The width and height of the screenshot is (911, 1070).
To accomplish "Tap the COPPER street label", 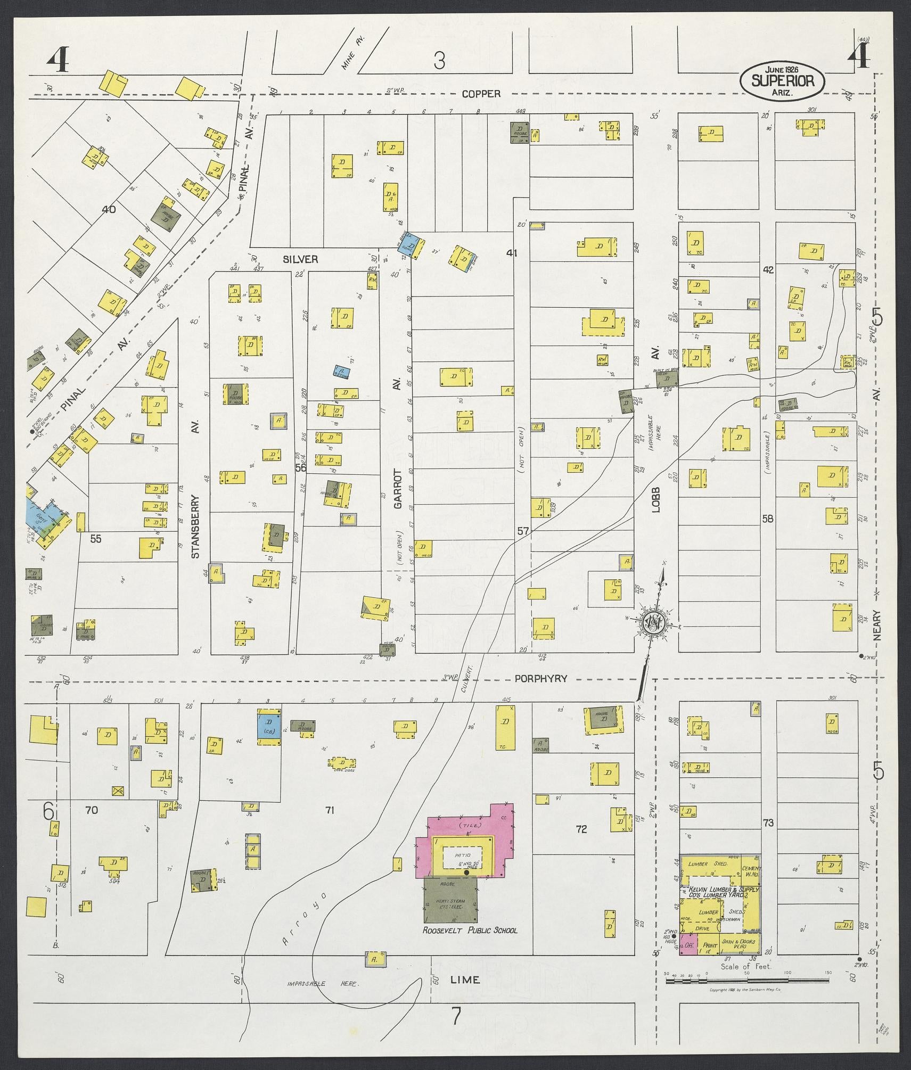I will [481, 94].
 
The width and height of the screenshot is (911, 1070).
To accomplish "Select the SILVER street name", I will [300, 259].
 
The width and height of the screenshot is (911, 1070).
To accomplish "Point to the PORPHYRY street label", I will [540, 679].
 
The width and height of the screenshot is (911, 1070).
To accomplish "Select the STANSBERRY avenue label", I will [195, 527].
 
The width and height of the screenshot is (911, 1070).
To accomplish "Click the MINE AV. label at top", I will [351, 57].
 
